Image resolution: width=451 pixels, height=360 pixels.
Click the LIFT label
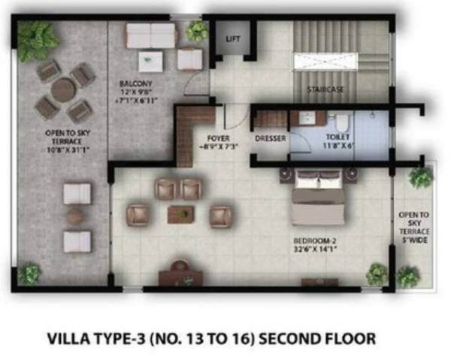(x=233, y=38)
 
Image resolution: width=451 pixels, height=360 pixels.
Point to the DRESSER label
(x=269, y=138)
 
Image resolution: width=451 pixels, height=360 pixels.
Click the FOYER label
(x=218, y=138)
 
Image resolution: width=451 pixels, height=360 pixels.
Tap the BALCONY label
(x=135, y=83)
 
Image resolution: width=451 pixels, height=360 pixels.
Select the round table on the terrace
(x=63, y=90)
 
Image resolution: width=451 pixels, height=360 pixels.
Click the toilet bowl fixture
(x=341, y=121)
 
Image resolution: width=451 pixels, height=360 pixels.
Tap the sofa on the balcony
(x=150, y=35)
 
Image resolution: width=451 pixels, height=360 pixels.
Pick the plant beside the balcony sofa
(x=198, y=30)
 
